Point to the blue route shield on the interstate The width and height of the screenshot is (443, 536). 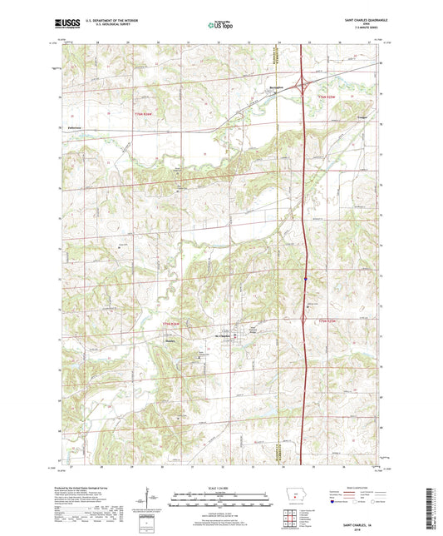point(306,279)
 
